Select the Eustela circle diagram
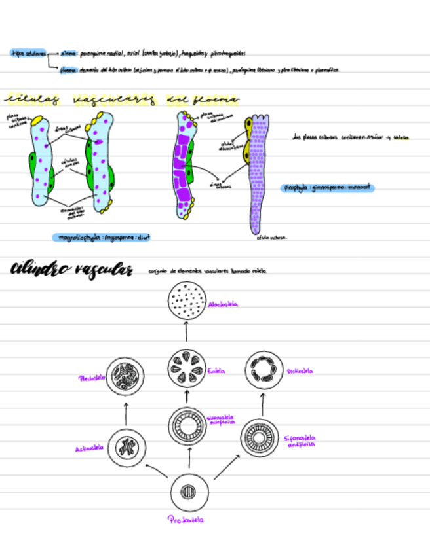(x=187, y=370)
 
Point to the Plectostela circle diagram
(x=126, y=376)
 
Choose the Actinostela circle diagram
(x=125, y=448)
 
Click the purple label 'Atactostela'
(x=223, y=304)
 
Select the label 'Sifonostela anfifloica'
(x=300, y=440)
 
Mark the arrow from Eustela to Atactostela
(x=187, y=333)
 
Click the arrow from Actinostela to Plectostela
(x=126, y=413)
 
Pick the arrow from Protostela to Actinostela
(x=156, y=472)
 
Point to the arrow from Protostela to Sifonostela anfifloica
(x=227, y=468)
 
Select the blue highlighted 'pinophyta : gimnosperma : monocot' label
(x=328, y=188)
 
